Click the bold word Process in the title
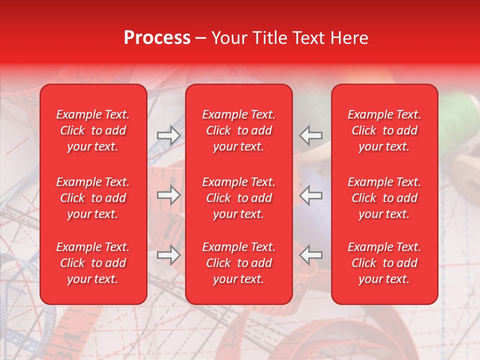157,38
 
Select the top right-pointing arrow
168,135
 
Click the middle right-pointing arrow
168,194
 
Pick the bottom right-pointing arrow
168,254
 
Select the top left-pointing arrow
311,135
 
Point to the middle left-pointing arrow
311,194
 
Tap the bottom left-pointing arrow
311,254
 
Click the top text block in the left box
93,130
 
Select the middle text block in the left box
93,198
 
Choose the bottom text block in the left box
93,263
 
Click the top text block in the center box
238,130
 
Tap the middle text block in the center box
238,198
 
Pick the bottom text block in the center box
238,263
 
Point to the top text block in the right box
384,130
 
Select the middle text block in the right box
384,198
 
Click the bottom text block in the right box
384,263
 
